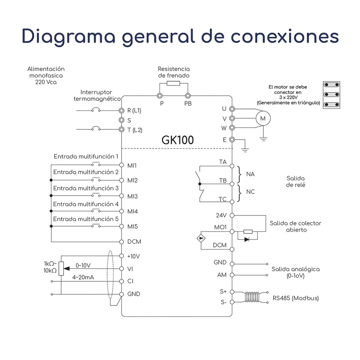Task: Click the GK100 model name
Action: (x=178, y=140)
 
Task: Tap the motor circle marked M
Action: (x=263, y=118)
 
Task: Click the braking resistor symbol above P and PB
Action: (x=173, y=83)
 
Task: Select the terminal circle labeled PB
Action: (x=188, y=96)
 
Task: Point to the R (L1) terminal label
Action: (x=134, y=110)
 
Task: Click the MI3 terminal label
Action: (x=133, y=196)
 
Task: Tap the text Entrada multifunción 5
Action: (x=85, y=219)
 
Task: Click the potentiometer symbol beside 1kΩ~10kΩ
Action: (x=61, y=268)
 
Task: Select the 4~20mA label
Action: (x=83, y=277)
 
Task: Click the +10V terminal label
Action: (x=133, y=256)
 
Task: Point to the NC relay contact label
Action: (x=251, y=192)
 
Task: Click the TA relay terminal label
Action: (x=223, y=162)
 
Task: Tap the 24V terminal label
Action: (x=221, y=215)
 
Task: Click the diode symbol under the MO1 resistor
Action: (x=247, y=239)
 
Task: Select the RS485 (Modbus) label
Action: (x=296, y=298)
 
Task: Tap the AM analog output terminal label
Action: (x=222, y=275)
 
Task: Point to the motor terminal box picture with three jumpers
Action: (x=332, y=95)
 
